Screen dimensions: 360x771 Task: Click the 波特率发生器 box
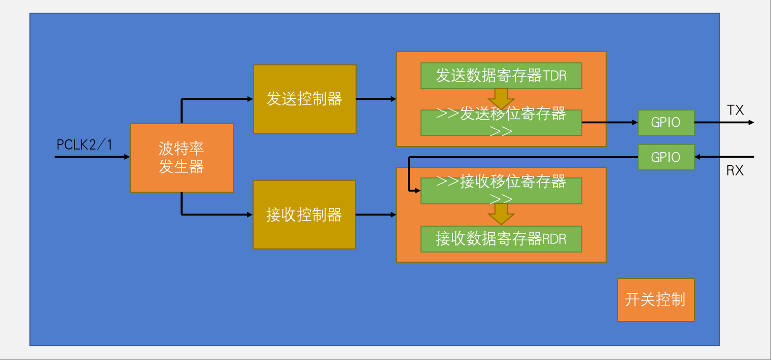coord(182,158)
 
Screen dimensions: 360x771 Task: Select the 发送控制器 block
coord(304,99)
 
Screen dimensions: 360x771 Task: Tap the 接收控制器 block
coord(304,214)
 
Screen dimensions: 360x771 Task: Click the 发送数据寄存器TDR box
coord(501,76)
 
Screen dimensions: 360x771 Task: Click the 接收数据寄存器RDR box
coord(501,239)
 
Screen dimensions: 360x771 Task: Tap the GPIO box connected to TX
coord(665,123)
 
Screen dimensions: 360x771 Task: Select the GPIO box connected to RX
coord(665,157)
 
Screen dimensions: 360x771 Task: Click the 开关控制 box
coord(655,300)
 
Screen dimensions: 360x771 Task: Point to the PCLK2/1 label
coord(84,145)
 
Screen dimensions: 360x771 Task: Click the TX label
coord(735,110)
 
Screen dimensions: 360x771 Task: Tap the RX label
coord(735,171)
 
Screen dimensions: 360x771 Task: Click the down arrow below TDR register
coord(501,98)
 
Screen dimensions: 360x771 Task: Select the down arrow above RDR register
coord(501,214)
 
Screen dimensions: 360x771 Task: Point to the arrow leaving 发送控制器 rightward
coord(376,99)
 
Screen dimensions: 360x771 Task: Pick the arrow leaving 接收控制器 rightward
coord(376,214)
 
